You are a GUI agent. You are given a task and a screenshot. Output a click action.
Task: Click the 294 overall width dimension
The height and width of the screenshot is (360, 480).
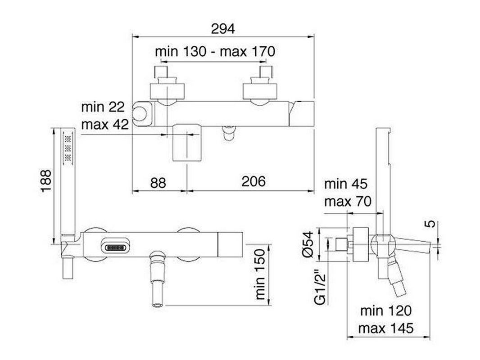click(x=223, y=29)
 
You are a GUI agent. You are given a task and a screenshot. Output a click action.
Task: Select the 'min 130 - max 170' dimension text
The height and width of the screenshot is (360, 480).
click(x=215, y=51)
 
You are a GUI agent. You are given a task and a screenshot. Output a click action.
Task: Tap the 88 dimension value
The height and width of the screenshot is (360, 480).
click(x=158, y=183)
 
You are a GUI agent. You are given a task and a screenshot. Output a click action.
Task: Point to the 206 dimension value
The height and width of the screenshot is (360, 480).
click(x=254, y=181)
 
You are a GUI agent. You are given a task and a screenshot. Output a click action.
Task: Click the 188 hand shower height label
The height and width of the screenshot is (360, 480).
click(x=46, y=181)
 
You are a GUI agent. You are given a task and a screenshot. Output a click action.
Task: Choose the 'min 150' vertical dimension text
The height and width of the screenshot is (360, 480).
click(x=260, y=274)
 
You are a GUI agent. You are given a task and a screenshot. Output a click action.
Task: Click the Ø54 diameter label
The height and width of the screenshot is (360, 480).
click(x=308, y=244)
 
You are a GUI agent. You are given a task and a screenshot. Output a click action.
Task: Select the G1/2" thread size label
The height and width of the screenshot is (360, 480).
click(x=321, y=287)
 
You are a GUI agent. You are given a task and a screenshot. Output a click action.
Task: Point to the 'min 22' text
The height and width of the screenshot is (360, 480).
click(x=103, y=107)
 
